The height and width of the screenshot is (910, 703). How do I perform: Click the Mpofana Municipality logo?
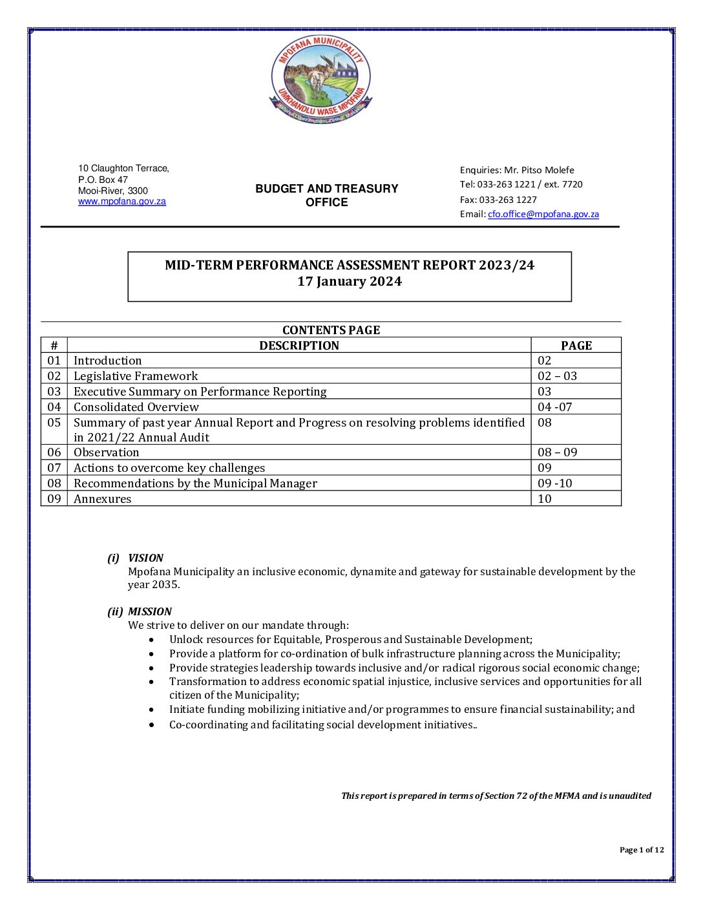pyautogui.click(x=320, y=79)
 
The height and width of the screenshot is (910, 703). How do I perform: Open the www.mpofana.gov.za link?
pyautogui.click(x=122, y=202)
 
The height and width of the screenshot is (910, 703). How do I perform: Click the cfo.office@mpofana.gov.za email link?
pyautogui.click(x=543, y=215)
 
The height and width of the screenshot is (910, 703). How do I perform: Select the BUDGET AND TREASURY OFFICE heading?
pyautogui.click(x=327, y=195)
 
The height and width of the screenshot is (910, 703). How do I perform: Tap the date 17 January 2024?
pyautogui.click(x=350, y=282)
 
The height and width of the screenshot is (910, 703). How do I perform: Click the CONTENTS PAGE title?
pyautogui.click(x=331, y=330)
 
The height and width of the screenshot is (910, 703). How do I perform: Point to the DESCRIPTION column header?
pyautogui.click(x=299, y=346)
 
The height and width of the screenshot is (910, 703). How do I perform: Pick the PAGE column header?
pyautogui.click(x=576, y=346)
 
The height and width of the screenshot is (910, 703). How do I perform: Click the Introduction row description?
pyautogui.click(x=108, y=361)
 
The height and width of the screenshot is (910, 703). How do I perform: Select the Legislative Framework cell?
pyautogui.click(x=136, y=376)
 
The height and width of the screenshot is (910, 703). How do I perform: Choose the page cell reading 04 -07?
pyautogui.click(x=555, y=407)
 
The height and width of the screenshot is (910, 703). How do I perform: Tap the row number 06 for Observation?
pyautogui.click(x=54, y=452)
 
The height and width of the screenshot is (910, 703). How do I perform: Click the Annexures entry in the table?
pyautogui.click(x=103, y=499)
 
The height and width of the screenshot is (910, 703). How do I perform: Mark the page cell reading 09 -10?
pyautogui.click(x=555, y=483)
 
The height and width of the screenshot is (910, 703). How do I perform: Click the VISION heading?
pyautogui.click(x=145, y=558)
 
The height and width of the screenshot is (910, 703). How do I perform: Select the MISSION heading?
pyautogui.click(x=150, y=611)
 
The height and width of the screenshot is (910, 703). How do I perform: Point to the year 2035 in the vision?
pyautogui.click(x=165, y=585)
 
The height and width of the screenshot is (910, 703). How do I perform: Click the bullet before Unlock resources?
pyautogui.click(x=151, y=640)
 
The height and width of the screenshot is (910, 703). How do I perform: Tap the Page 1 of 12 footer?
pyautogui.click(x=642, y=850)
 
